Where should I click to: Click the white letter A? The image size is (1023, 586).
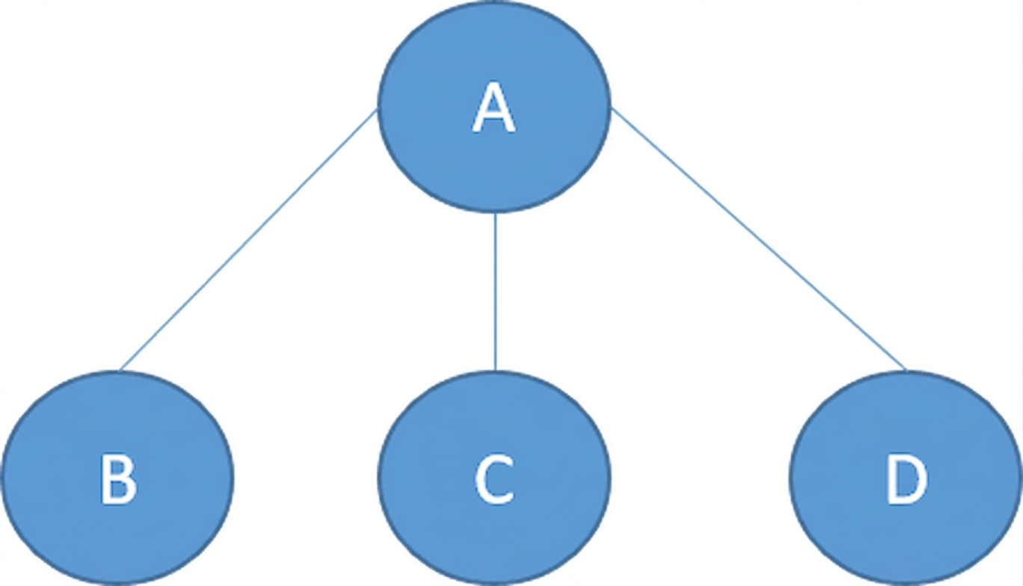pos(494,108)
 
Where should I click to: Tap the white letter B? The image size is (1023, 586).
pos(118,479)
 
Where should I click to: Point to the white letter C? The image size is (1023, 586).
pos(494,479)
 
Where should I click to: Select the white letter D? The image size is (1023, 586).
pos(906,479)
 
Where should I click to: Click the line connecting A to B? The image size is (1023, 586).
pos(248,240)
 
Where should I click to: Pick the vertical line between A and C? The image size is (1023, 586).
pos(496,292)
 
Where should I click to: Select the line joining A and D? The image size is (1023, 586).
pos(758,239)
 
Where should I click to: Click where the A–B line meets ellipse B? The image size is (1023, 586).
pos(119,371)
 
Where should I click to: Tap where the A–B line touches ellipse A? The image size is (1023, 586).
pos(377,110)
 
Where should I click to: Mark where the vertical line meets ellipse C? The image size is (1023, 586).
pos(496,371)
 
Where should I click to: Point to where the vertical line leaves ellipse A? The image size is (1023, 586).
pos(496,213)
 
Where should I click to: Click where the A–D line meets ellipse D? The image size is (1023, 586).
pos(906,371)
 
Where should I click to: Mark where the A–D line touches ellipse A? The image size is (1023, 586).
pos(611,108)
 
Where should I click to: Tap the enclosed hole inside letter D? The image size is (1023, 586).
pos(907,479)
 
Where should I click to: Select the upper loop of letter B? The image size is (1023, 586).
pos(116,467)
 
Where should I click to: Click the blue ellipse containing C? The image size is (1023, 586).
pos(494,478)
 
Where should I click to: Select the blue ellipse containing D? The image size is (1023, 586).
pos(906,478)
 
